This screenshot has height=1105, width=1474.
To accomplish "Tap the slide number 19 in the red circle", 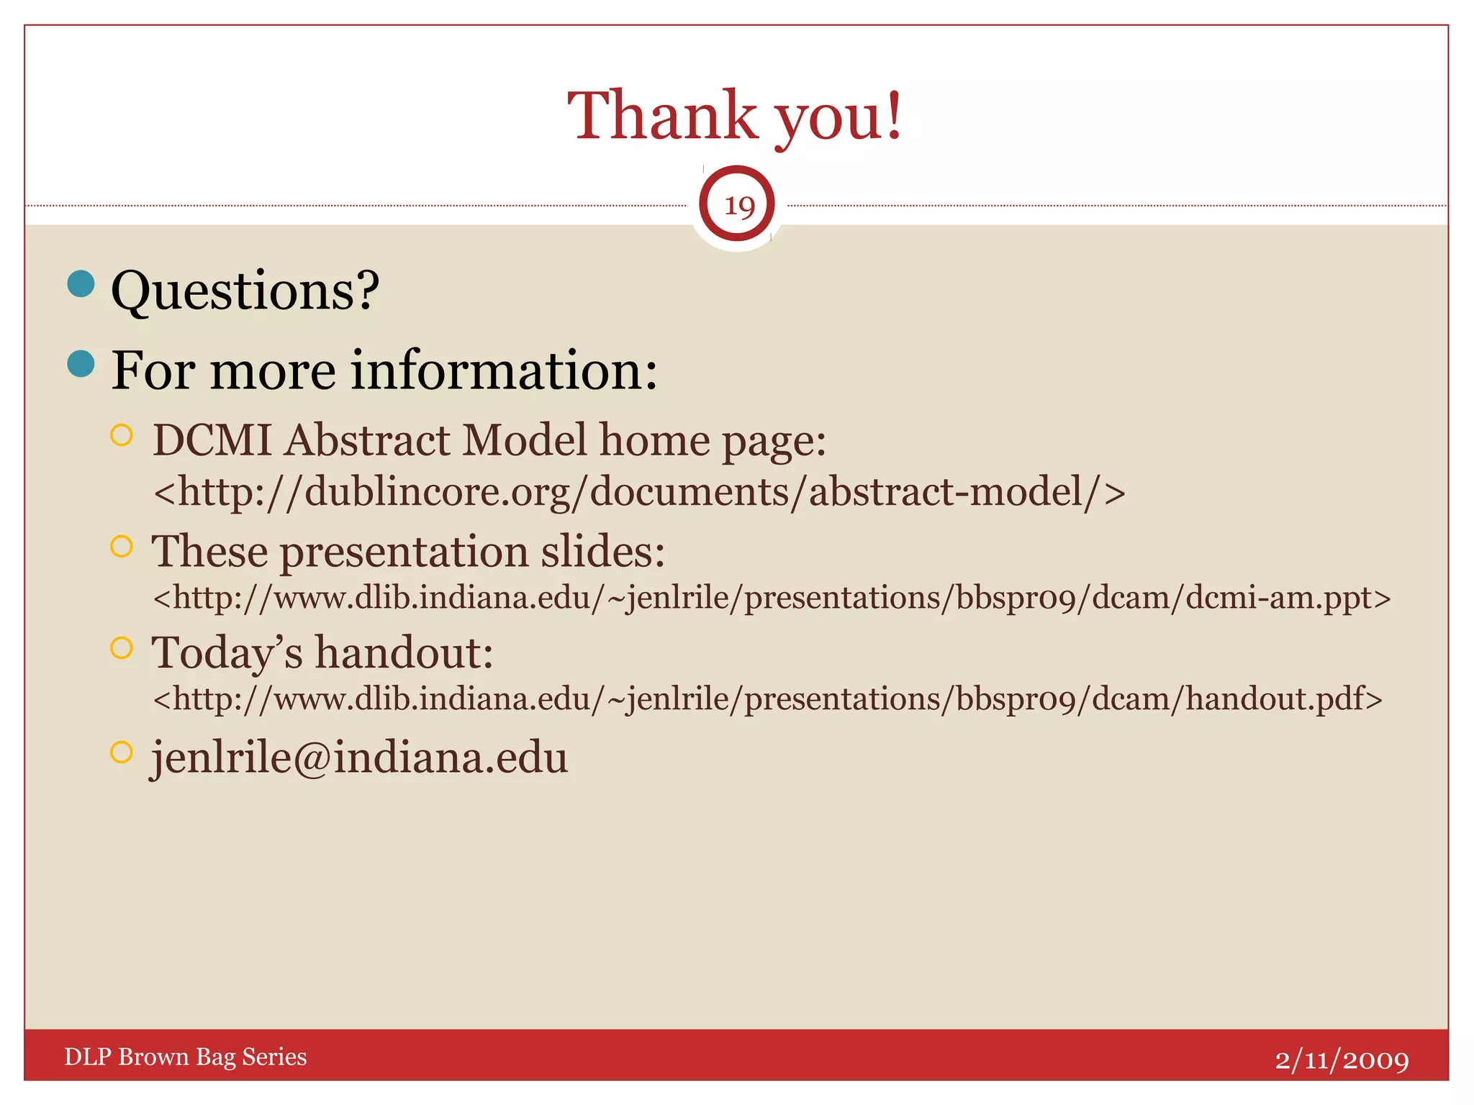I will tap(737, 205).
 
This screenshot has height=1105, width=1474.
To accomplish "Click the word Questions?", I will tap(245, 290).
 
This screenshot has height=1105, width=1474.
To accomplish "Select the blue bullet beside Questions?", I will tap(81, 283).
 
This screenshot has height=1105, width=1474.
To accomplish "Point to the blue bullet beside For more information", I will tap(81, 363).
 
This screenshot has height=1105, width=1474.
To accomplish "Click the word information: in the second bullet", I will tap(504, 370).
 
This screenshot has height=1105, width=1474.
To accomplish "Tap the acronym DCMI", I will tap(212, 440).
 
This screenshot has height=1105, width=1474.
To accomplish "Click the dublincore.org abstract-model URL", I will tap(639, 492).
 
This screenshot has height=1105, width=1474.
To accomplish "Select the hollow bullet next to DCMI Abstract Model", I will tap(122, 435).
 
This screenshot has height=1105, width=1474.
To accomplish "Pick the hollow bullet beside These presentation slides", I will tap(122, 546).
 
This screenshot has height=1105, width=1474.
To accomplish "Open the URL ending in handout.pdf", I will tap(767, 699).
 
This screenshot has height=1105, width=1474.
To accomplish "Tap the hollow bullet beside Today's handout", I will tap(122, 647).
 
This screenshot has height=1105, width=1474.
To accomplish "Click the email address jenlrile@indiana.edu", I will tap(359, 758).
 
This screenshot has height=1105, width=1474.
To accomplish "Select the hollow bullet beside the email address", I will tap(122, 752).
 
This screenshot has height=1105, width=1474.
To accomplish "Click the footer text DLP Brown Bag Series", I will tap(186, 1056).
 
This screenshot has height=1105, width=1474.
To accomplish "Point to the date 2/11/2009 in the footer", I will tap(1342, 1060).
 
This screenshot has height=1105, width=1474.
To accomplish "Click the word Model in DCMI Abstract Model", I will tap(524, 440).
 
